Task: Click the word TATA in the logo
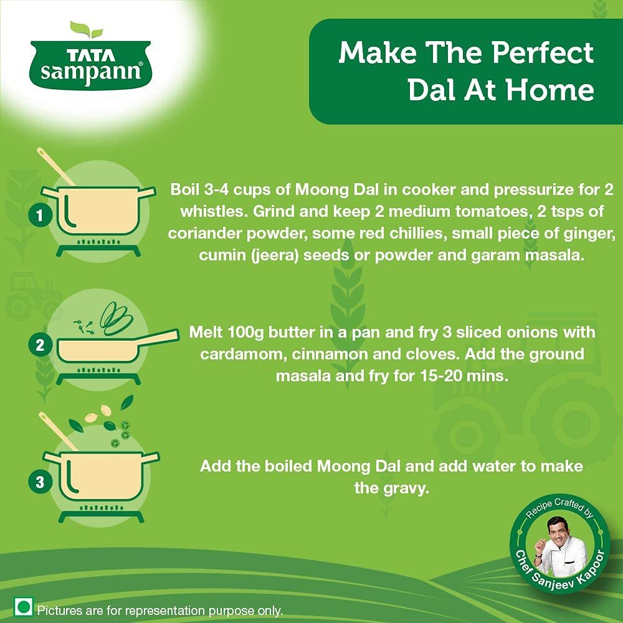pos(90,55)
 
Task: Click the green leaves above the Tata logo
pos(86,30)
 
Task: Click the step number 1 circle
pos(40,216)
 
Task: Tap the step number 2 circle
pos(40,345)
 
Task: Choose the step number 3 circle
pos(40,482)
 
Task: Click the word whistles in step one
pos(213,211)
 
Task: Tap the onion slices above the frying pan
pos(116,318)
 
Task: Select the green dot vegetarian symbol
pos(23,607)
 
